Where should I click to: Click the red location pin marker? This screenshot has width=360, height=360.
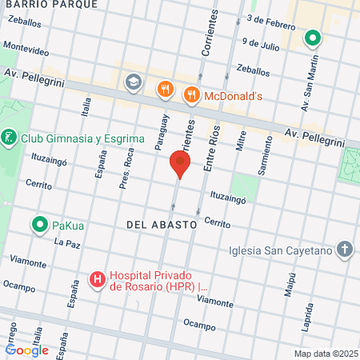point(180,166)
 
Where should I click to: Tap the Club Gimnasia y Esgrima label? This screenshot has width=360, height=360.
point(82,138)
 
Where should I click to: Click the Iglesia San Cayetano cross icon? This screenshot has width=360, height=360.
point(344,250)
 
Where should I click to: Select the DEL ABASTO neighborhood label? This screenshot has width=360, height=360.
point(161,226)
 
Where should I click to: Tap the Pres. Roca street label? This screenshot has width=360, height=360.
point(124,170)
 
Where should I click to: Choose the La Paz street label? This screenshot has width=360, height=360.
point(68,241)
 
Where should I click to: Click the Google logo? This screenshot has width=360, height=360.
point(26,350)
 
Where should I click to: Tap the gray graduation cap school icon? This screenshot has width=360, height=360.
point(133,81)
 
